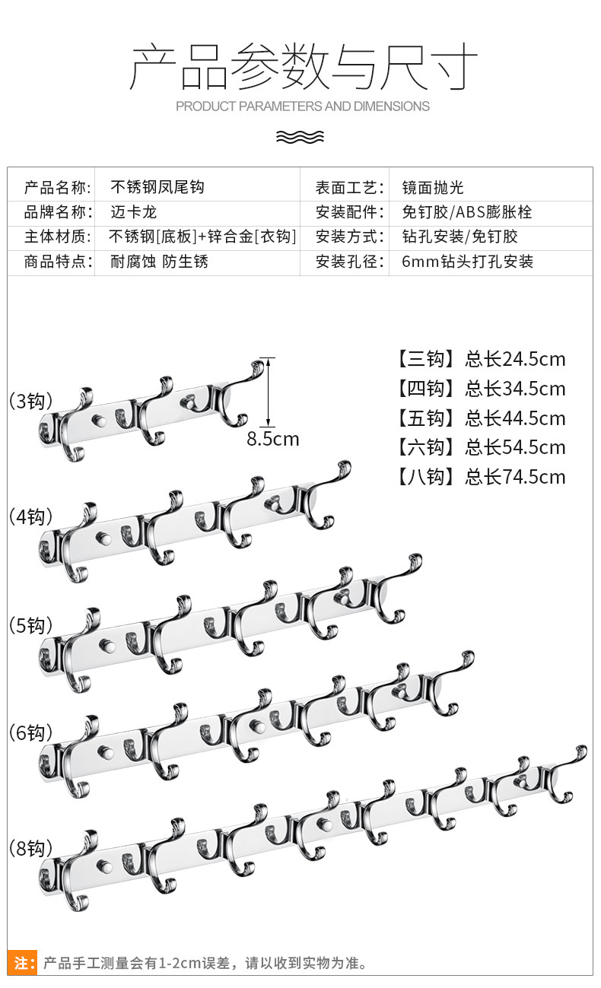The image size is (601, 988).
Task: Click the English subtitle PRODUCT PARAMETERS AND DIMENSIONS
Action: coord(302,106)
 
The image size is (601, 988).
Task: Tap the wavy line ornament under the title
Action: coord(300,136)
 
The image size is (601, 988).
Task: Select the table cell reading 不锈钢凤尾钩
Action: coord(157,187)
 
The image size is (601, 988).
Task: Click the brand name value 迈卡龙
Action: coord(133,211)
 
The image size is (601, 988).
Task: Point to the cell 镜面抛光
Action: coord(432,187)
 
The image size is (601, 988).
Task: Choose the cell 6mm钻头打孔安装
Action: coord(467,262)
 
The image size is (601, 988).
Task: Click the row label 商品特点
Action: coord(57,262)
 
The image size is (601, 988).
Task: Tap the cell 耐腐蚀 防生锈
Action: coord(159,262)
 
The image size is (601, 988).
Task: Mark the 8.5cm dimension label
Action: coord(272,439)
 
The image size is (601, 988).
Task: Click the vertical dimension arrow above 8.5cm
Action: coord(267,391)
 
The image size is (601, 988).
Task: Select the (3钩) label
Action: coord(29,401)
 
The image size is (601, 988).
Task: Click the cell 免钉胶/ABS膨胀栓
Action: coord(467,211)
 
